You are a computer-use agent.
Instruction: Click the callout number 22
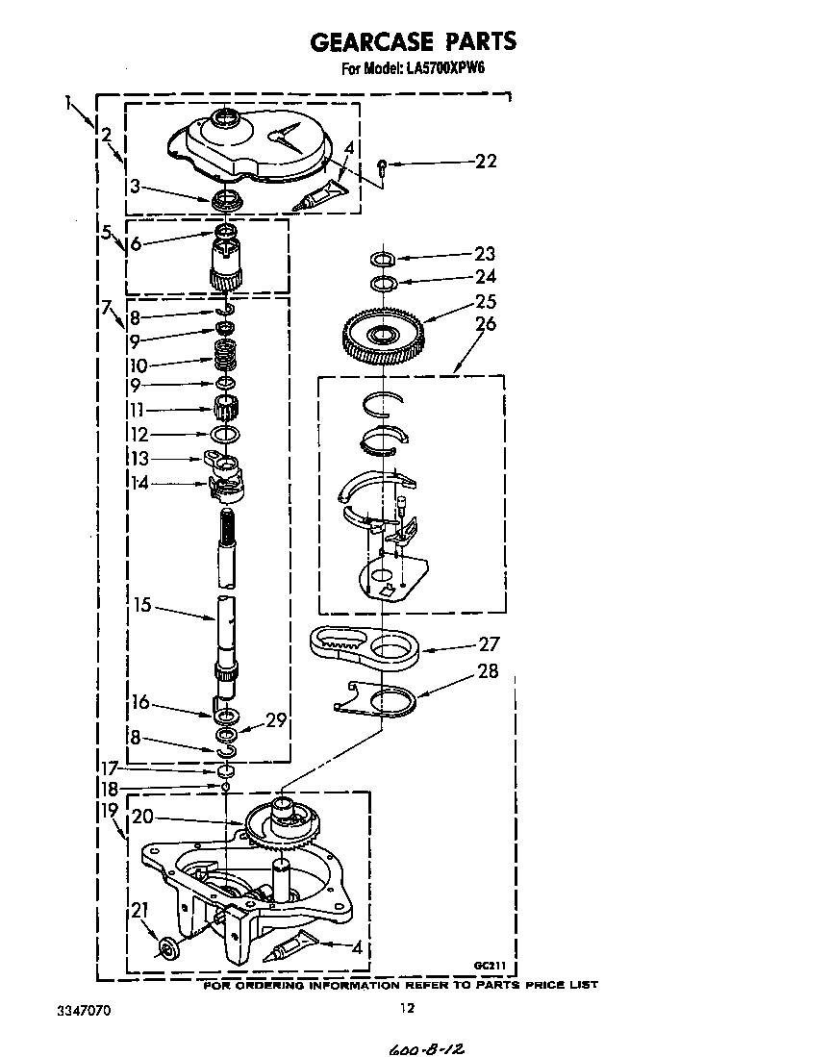pyautogui.click(x=486, y=162)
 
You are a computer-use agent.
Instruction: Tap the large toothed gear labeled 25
pyautogui.click(x=384, y=335)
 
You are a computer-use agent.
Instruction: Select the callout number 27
pyautogui.click(x=490, y=644)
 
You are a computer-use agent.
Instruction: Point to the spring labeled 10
pyautogui.click(x=226, y=354)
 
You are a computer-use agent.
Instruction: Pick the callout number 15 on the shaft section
pyautogui.click(x=142, y=605)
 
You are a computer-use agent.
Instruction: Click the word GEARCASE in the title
pyautogui.click(x=371, y=41)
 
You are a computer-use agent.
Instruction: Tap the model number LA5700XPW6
pyautogui.click(x=445, y=68)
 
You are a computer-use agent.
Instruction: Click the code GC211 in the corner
pyautogui.click(x=490, y=966)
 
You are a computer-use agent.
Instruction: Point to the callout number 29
pyautogui.click(x=276, y=720)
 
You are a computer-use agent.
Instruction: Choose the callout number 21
pyautogui.click(x=138, y=910)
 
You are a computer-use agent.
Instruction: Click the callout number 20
pyautogui.click(x=143, y=817)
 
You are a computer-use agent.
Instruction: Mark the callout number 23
pyautogui.click(x=486, y=254)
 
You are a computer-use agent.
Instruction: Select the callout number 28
pyautogui.click(x=488, y=671)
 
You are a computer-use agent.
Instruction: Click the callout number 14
pyautogui.click(x=139, y=483)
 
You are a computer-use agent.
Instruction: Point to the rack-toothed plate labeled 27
pyautogui.click(x=365, y=647)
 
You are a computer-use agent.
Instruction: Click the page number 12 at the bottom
pyautogui.click(x=408, y=1008)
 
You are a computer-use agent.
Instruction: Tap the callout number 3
pyautogui.click(x=136, y=186)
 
